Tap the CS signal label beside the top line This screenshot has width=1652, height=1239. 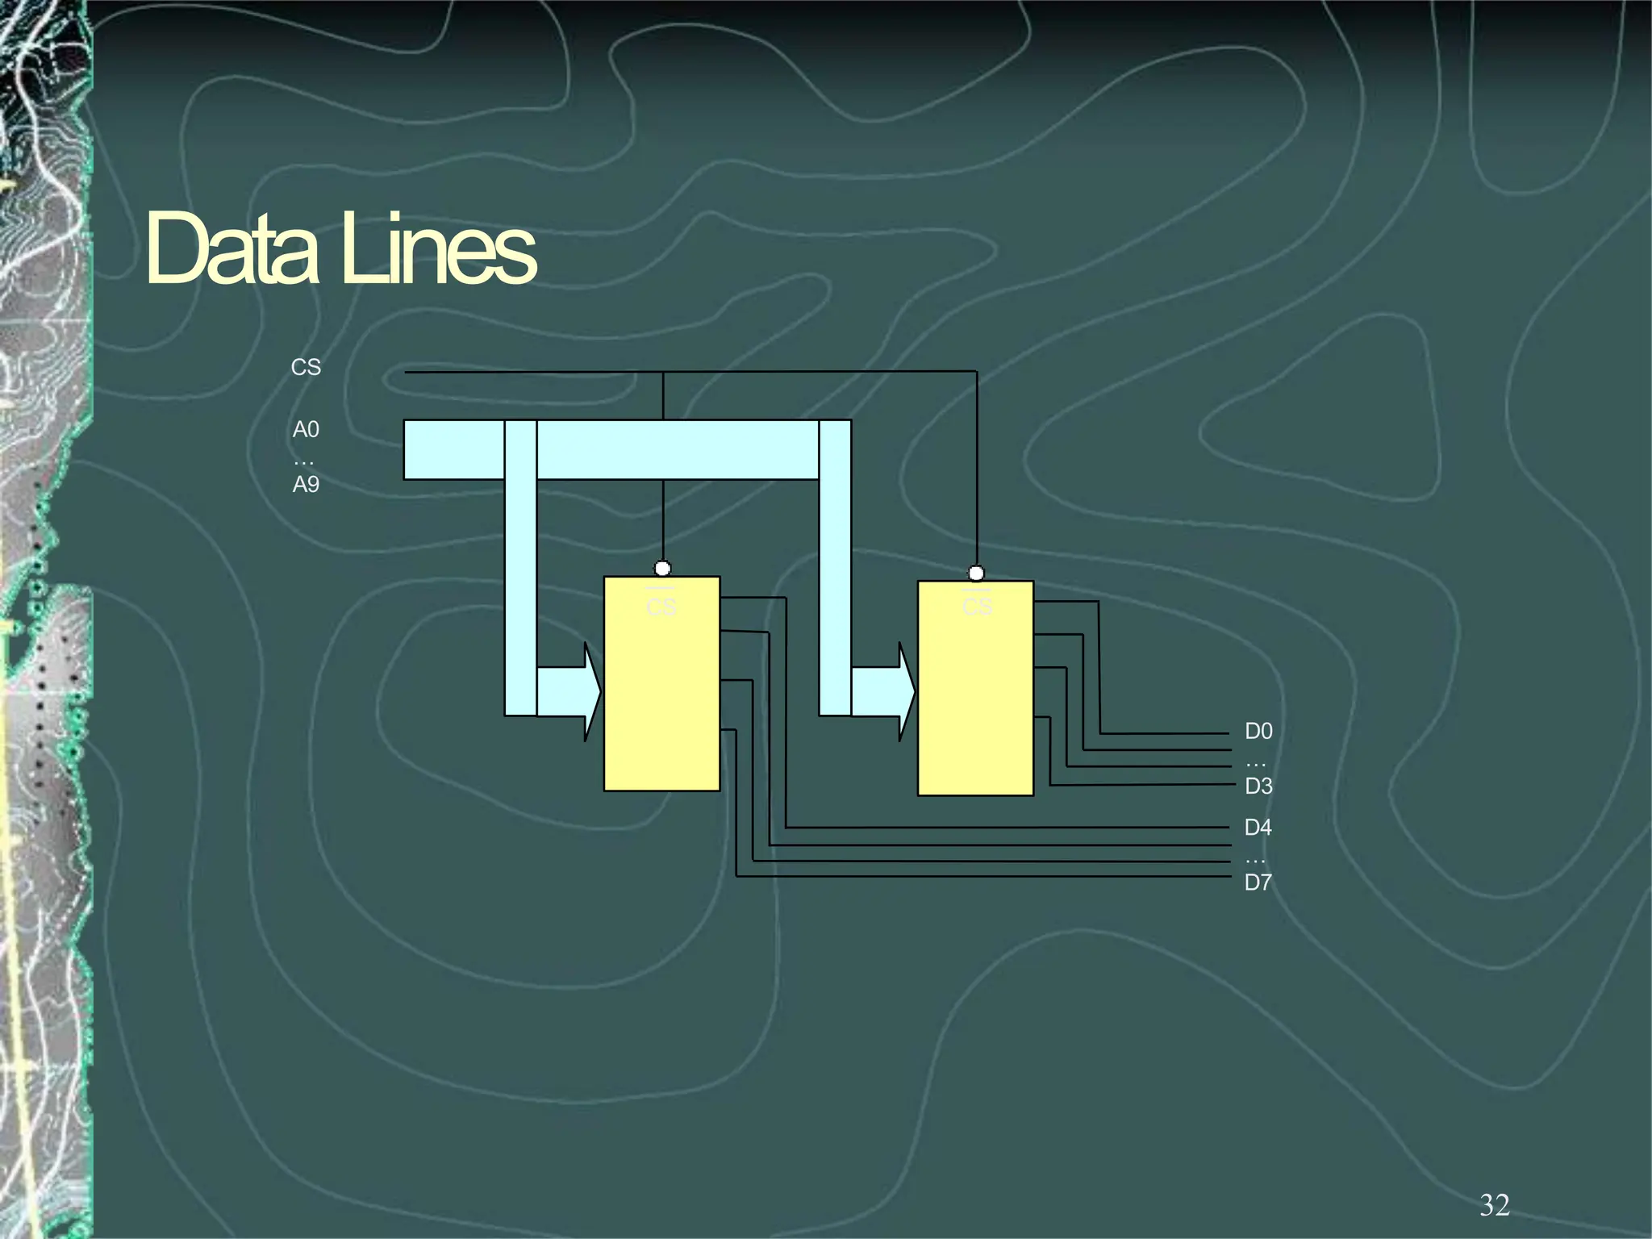pyautogui.click(x=306, y=367)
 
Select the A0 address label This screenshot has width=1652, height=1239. pyautogui.click(x=306, y=429)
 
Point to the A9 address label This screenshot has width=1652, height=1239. pyautogui.click(x=306, y=484)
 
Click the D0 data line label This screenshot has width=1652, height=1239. pyautogui.click(x=1258, y=731)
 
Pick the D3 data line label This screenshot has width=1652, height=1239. pyautogui.click(x=1258, y=786)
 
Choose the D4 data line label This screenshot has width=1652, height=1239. pyautogui.click(x=1258, y=827)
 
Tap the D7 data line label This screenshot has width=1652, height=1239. pyautogui.click(x=1258, y=882)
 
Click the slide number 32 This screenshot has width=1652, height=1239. pyautogui.click(x=1494, y=1204)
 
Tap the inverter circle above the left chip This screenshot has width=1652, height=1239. pyautogui.click(x=662, y=569)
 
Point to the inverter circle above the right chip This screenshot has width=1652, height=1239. pyautogui.click(x=976, y=574)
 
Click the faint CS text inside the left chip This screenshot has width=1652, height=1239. pyautogui.click(x=661, y=607)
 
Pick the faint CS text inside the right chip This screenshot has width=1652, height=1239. pyautogui.click(x=977, y=607)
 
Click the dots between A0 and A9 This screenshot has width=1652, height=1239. pyautogui.click(x=303, y=462)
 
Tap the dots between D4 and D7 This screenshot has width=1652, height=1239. pyautogui.click(x=1255, y=861)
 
